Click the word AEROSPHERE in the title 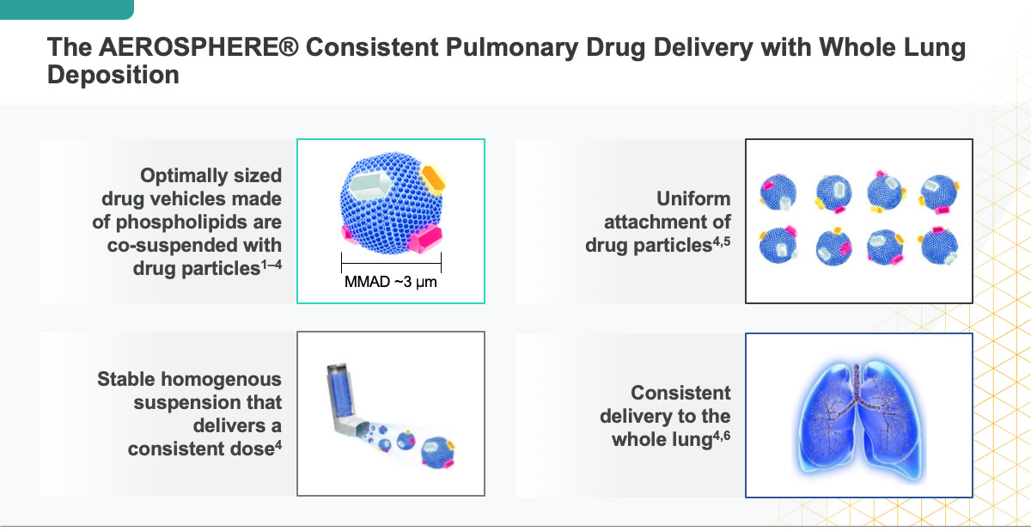(198, 47)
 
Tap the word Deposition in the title (113, 75)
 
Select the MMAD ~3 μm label (391, 282)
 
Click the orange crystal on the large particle (433, 179)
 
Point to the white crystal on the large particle (370, 185)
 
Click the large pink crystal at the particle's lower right (424, 240)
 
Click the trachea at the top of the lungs (857, 381)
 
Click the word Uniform (693, 198)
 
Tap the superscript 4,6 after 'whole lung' (722, 435)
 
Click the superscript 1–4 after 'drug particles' (271, 265)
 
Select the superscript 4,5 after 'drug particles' (722, 241)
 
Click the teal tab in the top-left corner (67, 9)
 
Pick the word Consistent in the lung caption (680, 393)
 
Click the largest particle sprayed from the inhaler (437, 453)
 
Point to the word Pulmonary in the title (512, 48)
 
